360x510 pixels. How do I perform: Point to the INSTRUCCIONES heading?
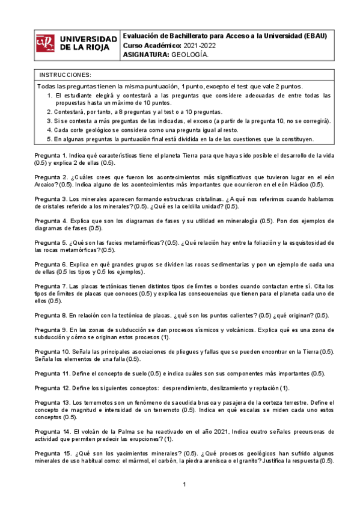[65, 75]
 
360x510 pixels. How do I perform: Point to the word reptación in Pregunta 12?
[260, 388]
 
